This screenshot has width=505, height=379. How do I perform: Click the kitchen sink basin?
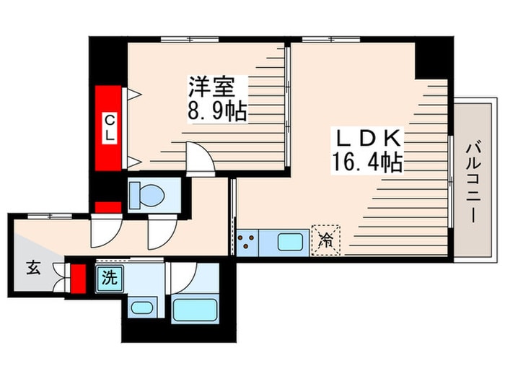click(290, 241)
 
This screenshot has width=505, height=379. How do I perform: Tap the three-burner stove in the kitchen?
click(247, 242)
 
